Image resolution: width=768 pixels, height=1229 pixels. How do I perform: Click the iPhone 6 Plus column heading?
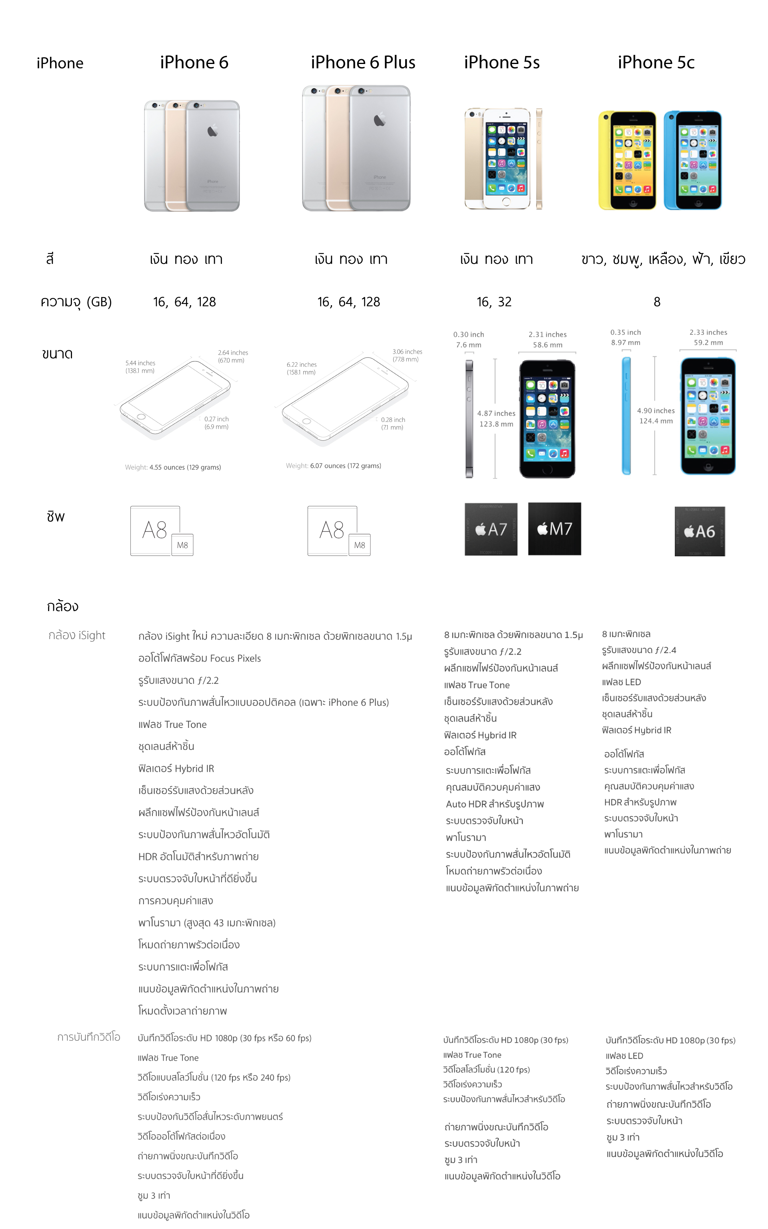363,62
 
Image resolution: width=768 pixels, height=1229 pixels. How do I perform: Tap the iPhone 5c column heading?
656,62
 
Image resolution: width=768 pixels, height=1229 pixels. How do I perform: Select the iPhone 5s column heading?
502,62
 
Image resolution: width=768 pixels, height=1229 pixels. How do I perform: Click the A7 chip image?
491,529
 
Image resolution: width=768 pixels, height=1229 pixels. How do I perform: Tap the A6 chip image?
700,531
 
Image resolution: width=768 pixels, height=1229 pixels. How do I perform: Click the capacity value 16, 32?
494,302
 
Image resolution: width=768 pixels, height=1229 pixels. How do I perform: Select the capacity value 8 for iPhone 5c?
657,302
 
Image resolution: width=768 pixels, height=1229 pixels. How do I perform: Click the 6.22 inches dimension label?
301,365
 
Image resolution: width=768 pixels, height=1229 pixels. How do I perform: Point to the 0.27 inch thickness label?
216,419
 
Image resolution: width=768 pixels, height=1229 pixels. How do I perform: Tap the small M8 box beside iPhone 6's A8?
182,545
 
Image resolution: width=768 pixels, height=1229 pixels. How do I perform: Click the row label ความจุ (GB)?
76,302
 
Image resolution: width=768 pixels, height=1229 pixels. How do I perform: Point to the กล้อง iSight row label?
77,635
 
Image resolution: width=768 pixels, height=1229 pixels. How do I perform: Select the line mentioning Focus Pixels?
199,658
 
